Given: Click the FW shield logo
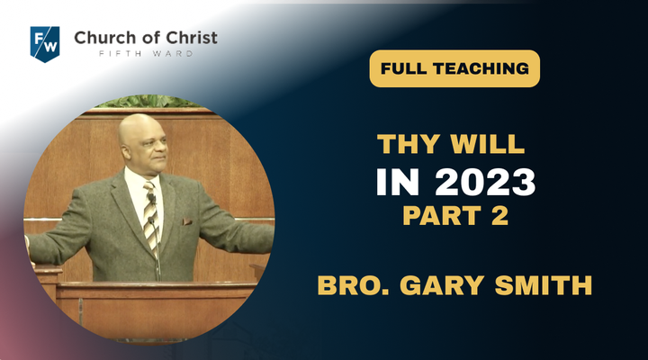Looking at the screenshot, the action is tap(45, 44).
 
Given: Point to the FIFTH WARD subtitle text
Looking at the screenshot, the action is tap(146, 53).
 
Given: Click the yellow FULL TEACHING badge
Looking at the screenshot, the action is tap(454, 68).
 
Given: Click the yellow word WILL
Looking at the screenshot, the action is tap(487, 144).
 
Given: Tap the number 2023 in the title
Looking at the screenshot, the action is tap(485, 182).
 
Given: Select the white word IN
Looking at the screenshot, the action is tap(398, 182).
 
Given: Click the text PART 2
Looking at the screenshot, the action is tap(455, 216).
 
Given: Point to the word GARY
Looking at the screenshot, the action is tap(442, 285).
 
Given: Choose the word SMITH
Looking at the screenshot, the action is tap(544, 285).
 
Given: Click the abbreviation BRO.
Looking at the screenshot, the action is tap(354, 285).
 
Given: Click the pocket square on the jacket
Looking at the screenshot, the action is tap(187, 222).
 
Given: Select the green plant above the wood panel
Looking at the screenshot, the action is tap(148, 102).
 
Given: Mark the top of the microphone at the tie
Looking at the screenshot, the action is tap(151, 194).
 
